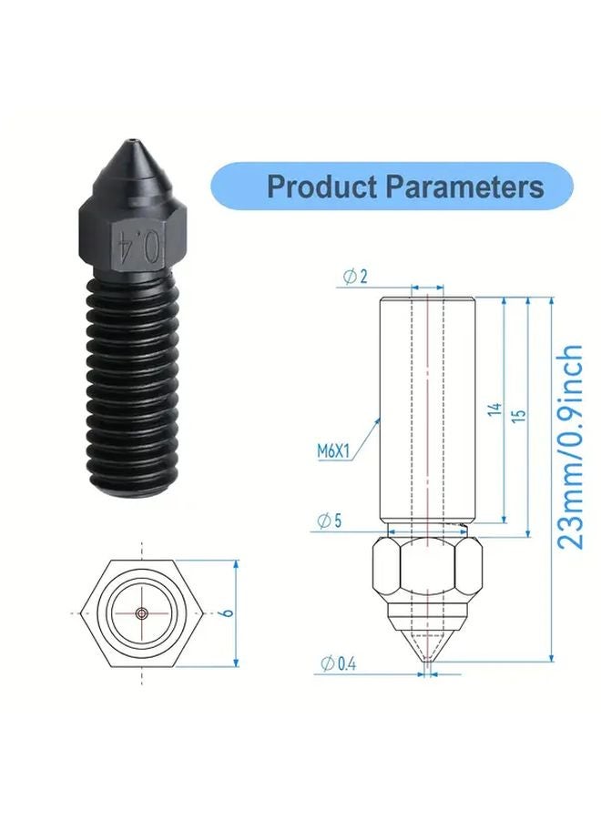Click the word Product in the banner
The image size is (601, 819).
point(321,187)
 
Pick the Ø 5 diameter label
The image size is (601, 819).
point(330,521)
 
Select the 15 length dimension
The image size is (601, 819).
point(519,414)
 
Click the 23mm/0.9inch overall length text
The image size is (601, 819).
point(569,446)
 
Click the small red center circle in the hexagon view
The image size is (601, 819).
point(142,614)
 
